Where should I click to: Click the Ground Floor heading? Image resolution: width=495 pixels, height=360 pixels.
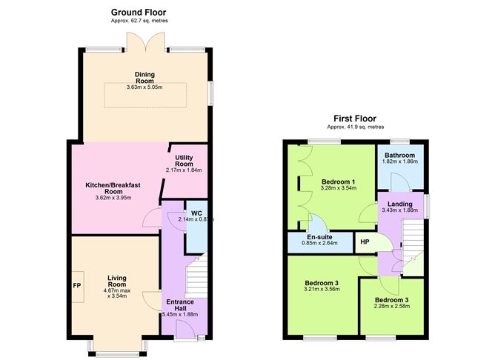139,12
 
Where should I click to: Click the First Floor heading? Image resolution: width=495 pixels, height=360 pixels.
354,118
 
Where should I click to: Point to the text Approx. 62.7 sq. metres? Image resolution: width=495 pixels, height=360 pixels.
139,21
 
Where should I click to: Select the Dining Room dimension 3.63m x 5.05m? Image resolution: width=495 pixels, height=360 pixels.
144,87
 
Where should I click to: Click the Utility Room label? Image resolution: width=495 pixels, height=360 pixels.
184,161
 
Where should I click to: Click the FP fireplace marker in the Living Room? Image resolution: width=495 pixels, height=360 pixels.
76,285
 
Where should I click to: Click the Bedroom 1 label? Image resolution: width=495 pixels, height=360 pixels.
338,181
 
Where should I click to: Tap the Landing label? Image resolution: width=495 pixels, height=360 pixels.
402,203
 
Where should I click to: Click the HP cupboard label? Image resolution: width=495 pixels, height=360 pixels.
365,242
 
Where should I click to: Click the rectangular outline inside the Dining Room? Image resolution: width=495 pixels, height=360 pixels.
144,95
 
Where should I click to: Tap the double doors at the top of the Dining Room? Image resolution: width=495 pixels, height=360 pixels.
153,42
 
